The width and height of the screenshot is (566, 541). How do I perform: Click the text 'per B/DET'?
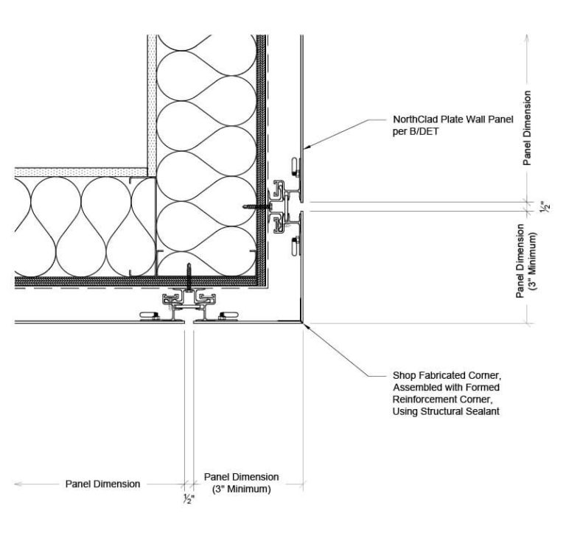click(416, 131)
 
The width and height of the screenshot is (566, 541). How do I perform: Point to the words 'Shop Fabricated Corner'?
click(447, 375)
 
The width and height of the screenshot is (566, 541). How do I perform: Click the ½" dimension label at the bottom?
click(189, 499)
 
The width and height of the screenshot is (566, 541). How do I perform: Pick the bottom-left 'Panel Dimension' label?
click(102, 484)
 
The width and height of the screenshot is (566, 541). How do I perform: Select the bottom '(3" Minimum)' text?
click(241, 489)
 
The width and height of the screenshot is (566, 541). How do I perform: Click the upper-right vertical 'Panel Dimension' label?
click(528, 128)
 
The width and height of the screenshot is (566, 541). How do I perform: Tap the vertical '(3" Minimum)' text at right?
click(533, 261)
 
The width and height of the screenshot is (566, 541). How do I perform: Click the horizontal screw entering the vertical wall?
click(257, 206)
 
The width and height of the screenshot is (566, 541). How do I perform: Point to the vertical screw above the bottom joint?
click(189, 276)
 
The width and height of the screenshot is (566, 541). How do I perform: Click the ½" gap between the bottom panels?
click(189, 321)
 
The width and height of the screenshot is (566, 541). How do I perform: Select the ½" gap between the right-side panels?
click(301, 206)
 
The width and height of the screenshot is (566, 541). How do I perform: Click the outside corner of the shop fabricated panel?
click(303, 322)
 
